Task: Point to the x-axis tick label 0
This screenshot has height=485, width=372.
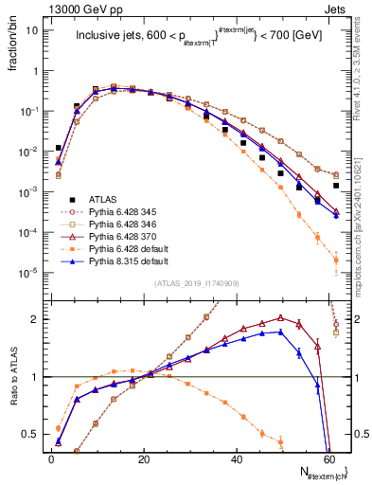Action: coord(51,459)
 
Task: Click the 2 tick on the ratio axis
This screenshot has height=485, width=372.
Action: coord(36,319)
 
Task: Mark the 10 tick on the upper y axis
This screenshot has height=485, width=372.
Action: coord(32,30)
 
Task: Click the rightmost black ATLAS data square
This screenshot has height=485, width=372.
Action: coord(337,186)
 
